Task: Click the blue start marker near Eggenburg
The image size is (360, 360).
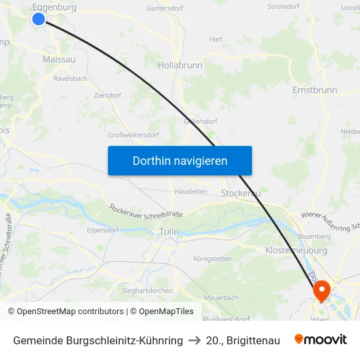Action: (39, 19)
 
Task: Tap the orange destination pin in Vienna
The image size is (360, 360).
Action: (321, 289)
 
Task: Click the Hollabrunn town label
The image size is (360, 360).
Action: (180, 65)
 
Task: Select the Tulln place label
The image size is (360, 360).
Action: (169, 232)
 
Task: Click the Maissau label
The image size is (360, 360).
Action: (59, 60)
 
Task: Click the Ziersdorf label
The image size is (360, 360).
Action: (107, 95)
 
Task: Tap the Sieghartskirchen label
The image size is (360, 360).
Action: (147, 289)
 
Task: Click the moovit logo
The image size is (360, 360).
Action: (321, 340)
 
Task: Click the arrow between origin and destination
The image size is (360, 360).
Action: (194, 340)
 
